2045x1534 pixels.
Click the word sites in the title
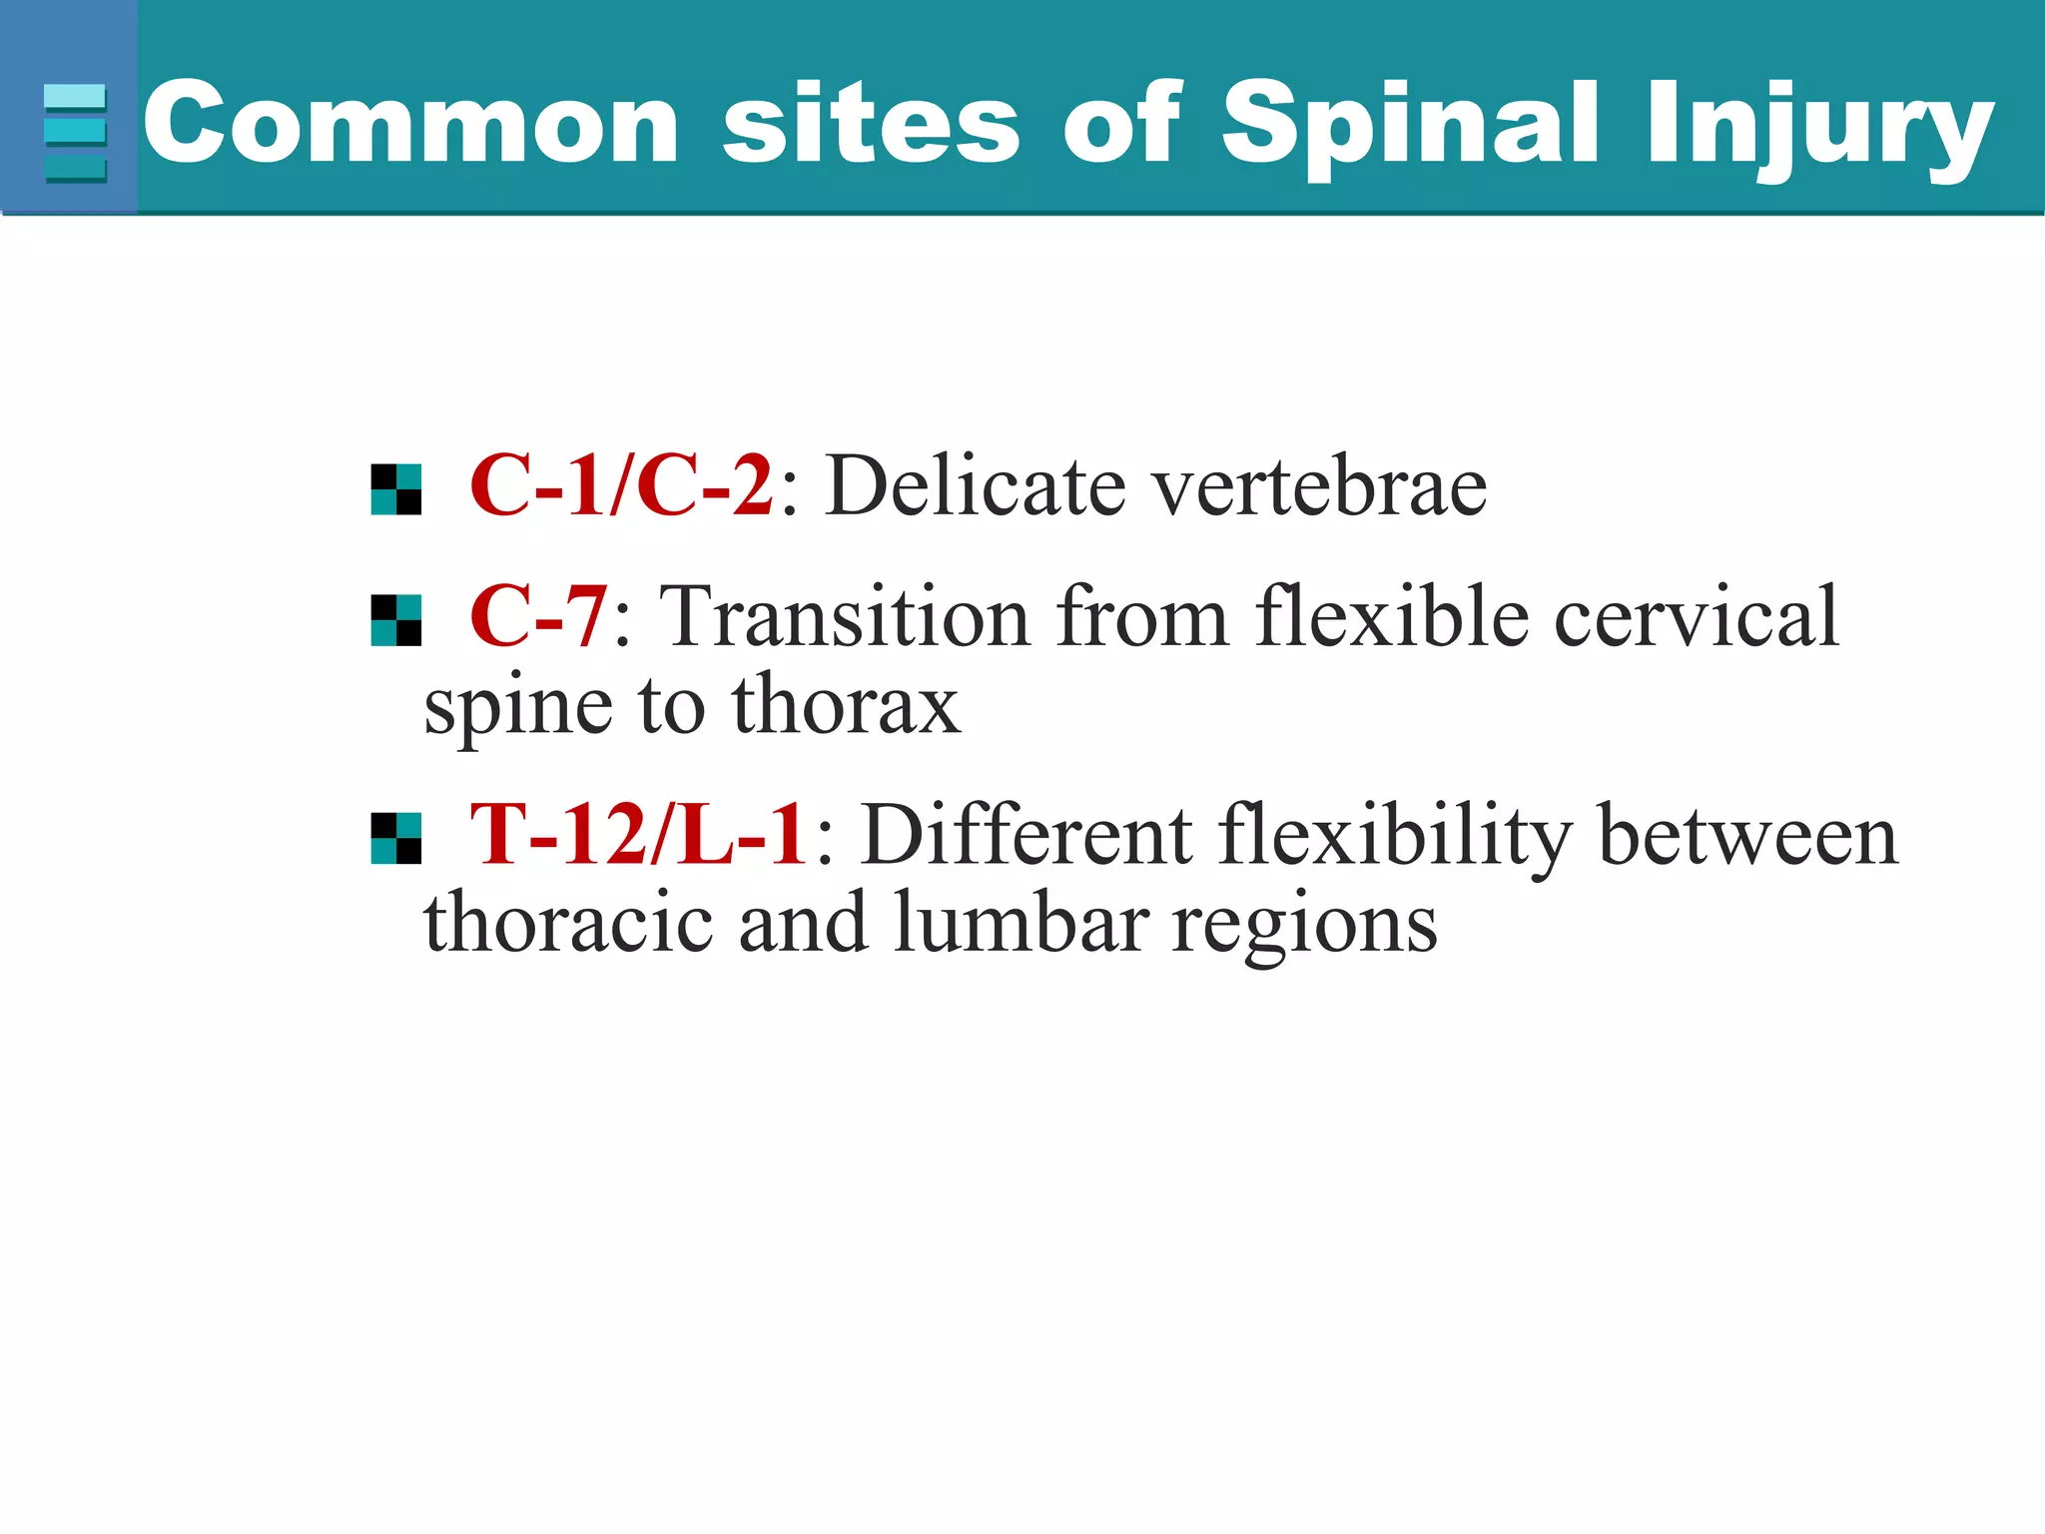870,122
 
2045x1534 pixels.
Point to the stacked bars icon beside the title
75,133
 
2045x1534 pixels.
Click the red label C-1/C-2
621,485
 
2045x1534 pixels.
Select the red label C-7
538,616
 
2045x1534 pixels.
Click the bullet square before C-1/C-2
395,489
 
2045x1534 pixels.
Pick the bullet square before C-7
395,621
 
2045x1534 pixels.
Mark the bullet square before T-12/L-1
395,838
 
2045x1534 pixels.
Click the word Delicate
975,485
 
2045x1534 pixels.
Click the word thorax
845,705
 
